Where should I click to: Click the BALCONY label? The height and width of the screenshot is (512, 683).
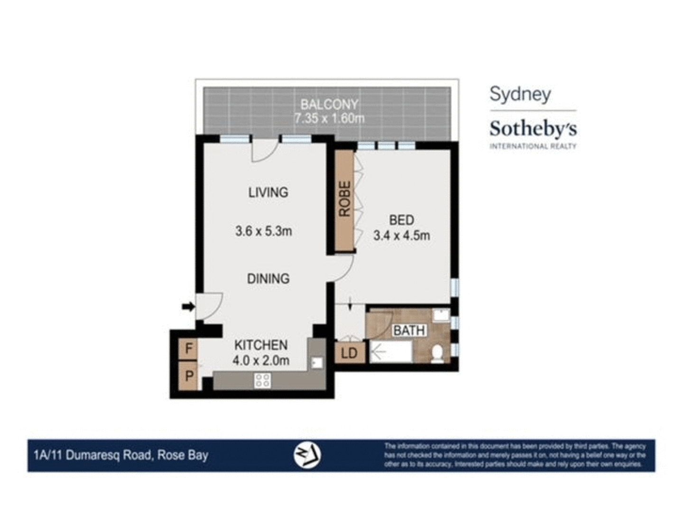coord(329,104)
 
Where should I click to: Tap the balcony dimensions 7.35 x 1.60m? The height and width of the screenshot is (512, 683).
coord(329,119)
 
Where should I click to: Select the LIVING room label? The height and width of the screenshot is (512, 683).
coord(268,192)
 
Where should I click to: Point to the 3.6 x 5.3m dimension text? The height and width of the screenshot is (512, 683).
coord(264,231)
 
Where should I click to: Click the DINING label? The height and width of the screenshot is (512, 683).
coord(268,278)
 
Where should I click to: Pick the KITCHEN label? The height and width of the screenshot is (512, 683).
coord(261,345)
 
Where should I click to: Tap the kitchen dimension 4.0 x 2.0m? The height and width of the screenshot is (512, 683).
coord(261,360)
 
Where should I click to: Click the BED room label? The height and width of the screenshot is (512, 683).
coord(401,220)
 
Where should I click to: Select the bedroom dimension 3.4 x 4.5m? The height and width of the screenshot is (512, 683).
coord(401,235)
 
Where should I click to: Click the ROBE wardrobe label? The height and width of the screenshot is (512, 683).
coord(345,199)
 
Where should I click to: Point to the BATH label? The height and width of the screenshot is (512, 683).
coord(409,330)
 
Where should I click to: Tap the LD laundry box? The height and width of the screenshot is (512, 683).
coord(350,353)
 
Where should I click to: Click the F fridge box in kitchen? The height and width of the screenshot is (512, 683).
coord(189,349)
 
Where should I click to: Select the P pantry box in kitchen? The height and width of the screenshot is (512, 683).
coord(189,376)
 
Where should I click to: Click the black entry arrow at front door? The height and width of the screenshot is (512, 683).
coord(188,307)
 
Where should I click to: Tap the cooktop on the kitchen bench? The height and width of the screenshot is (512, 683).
coord(262,380)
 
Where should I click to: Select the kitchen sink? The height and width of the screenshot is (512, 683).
coord(316,363)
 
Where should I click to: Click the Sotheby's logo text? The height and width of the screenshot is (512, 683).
coord(533,128)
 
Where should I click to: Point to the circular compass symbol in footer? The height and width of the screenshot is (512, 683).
coord(307,455)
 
